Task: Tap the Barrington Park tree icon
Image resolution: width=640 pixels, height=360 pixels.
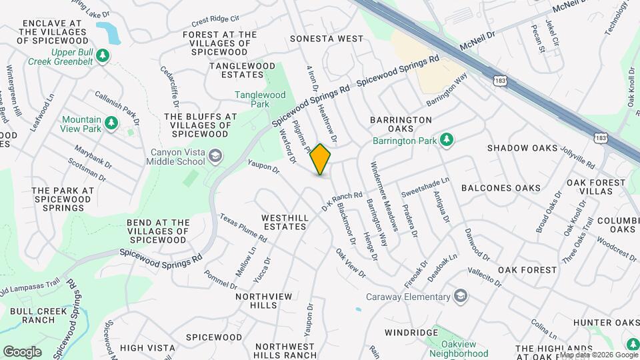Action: coord(449,140)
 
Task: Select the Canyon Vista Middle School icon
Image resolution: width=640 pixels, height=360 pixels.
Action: coord(215,156)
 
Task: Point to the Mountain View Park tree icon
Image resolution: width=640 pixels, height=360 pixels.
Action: coord(111,123)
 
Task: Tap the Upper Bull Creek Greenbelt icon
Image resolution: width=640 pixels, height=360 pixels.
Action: coord(103,56)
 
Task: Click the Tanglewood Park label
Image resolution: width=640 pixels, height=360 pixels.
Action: coord(260,99)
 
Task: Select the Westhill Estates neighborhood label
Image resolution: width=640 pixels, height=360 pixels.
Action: coord(284,222)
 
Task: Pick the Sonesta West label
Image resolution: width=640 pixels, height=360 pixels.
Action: coord(327,39)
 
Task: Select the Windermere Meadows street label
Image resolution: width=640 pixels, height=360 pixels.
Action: coord(385,197)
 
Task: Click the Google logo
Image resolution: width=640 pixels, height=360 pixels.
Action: coord(22,351)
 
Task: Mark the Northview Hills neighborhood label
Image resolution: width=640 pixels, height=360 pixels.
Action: coord(255,301)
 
